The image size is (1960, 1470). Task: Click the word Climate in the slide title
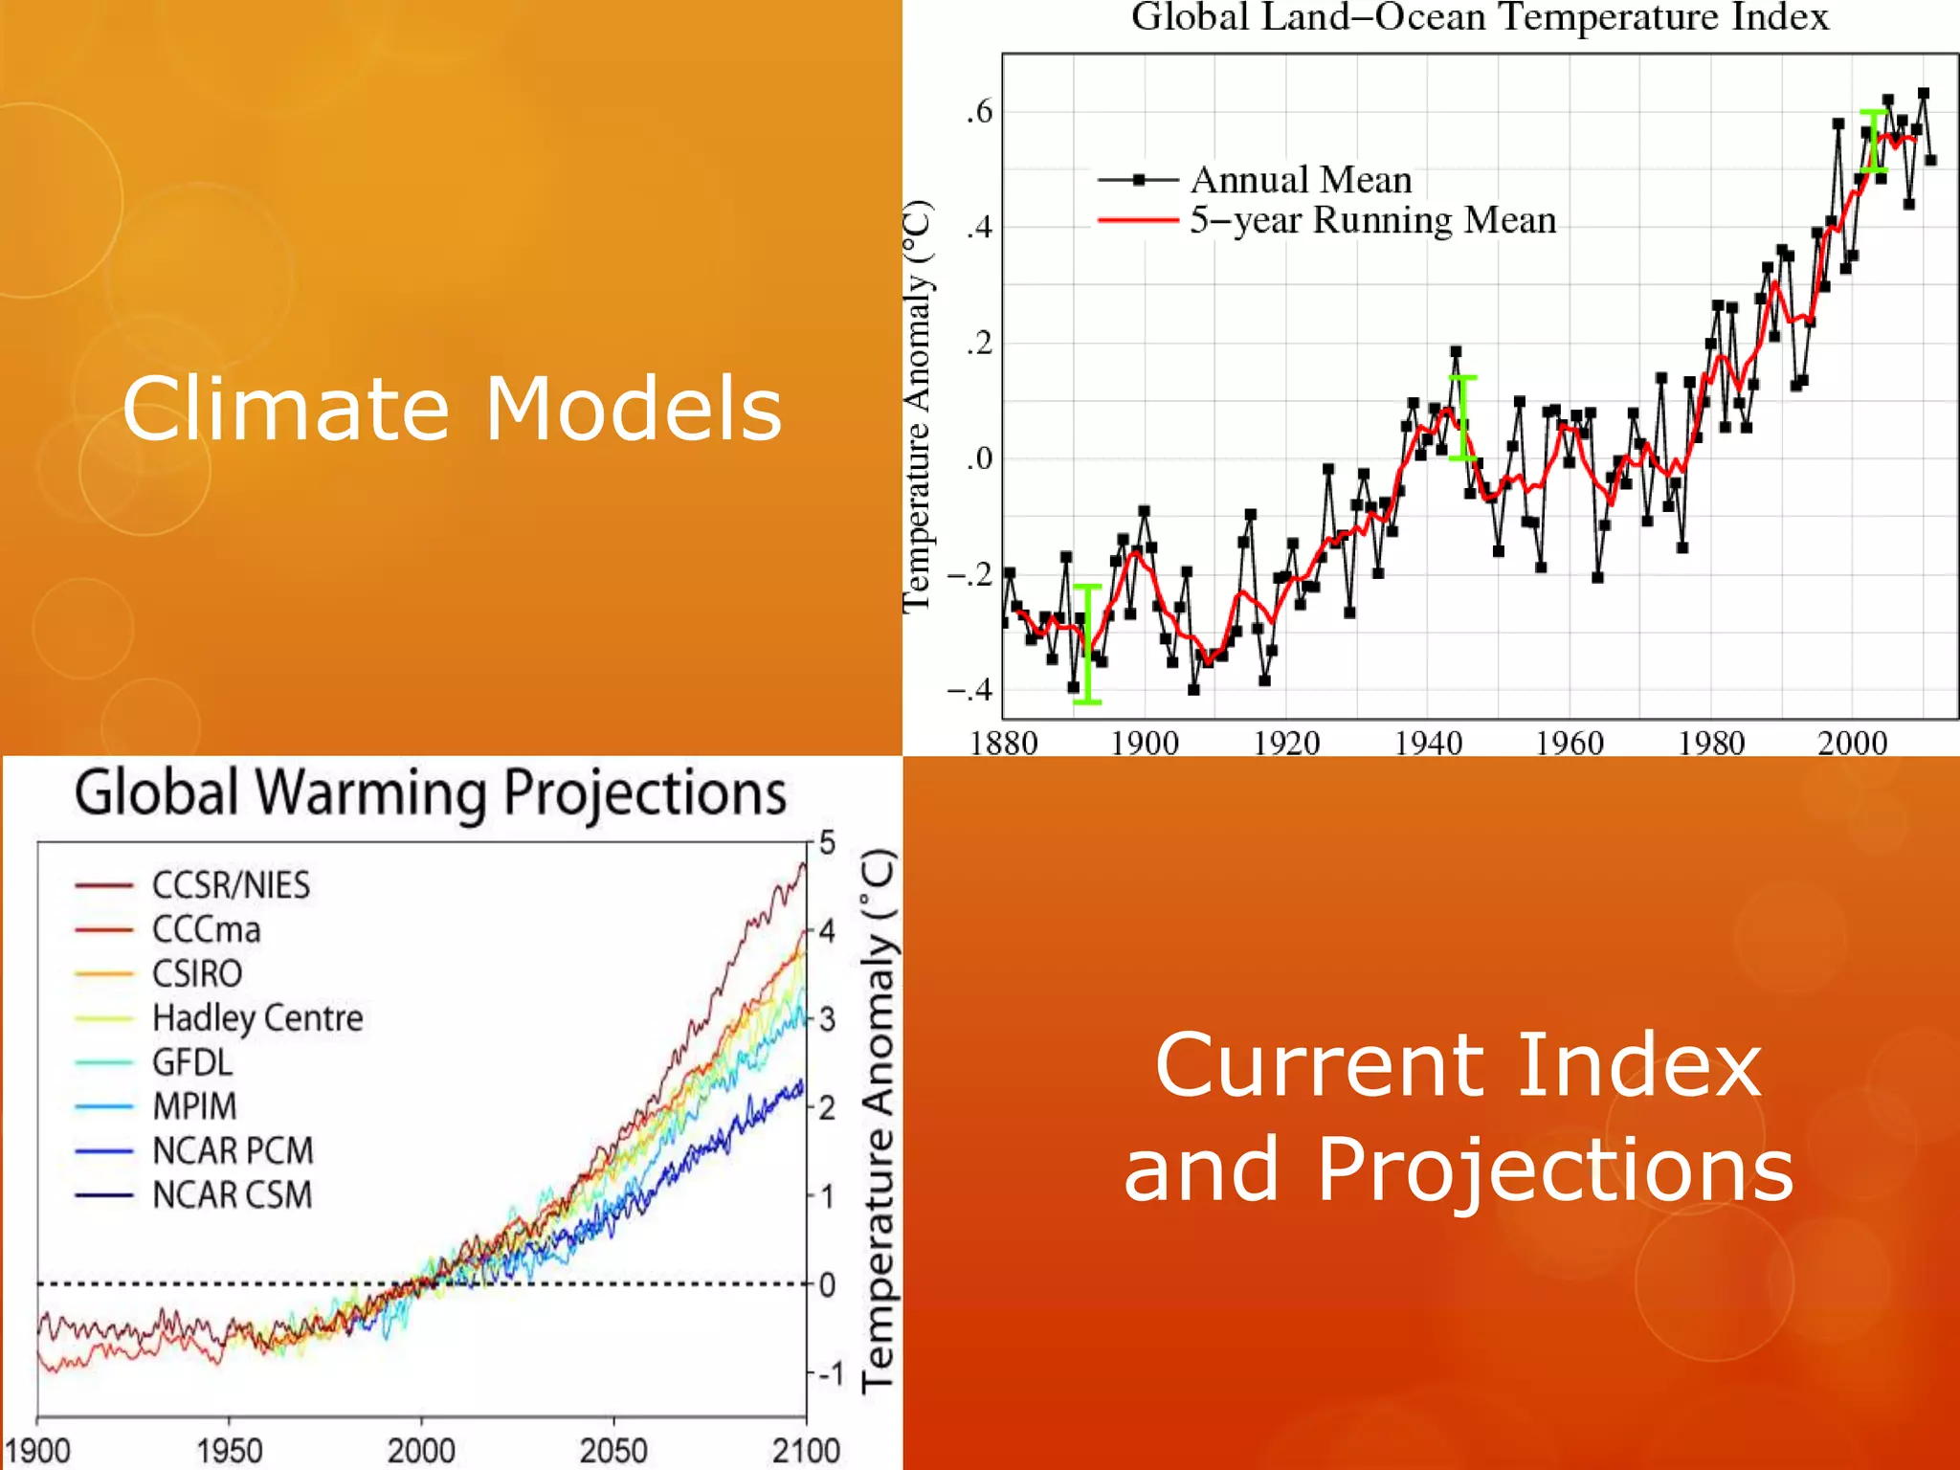pyautogui.click(x=285, y=409)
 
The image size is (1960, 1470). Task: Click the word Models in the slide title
pyautogui.click(x=634, y=409)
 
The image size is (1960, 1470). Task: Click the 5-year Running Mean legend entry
pyautogui.click(x=1372, y=220)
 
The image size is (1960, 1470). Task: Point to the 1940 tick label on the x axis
pyautogui.click(x=1428, y=743)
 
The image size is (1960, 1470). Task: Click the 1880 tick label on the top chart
pyautogui.click(x=1003, y=743)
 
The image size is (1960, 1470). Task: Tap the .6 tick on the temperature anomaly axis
pyautogui.click(x=979, y=112)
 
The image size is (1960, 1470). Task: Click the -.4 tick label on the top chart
pyautogui.click(x=970, y=689)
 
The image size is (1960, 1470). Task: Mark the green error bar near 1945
pyautogui.click(x=1462, y=418)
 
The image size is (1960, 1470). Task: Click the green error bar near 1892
pyautogui.click(x=1087, y=644)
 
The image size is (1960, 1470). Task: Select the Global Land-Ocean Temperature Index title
pyautogui.click(x=1480, y=17)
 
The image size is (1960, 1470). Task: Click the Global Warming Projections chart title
pyautogui.click(x=431, y=793)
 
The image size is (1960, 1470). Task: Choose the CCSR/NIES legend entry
pyautogui.click(x=231, y=885)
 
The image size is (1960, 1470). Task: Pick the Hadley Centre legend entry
pyautogui.click(x=257, y=1017)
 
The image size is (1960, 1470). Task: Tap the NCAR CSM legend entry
pyautogui.click(x=233, y=1194)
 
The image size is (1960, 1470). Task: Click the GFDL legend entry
pyautogui.click(x=191, y=1062)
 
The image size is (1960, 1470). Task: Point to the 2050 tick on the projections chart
pyautogui.click(x=613, y=1450)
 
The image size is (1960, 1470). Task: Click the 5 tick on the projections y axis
pyautogui.click(x=827, y=843)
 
